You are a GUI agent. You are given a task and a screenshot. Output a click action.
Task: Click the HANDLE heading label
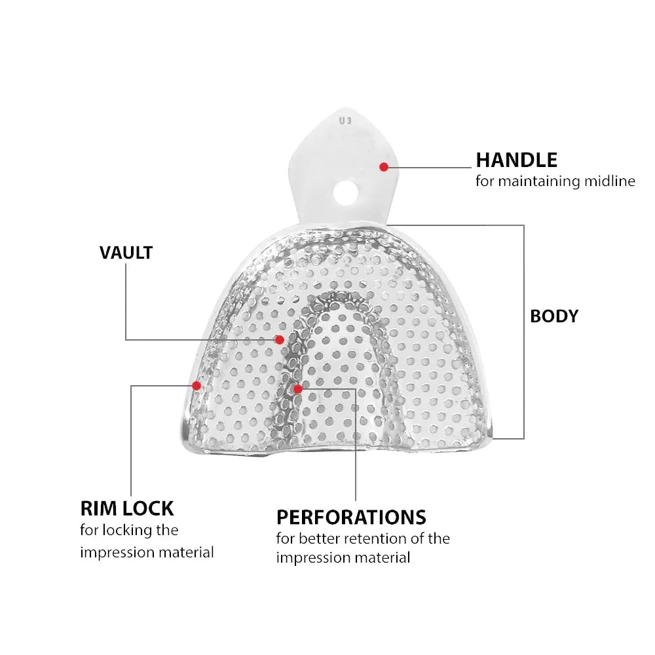coord(516,160)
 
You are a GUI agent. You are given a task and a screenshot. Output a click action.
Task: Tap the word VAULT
coord(126,253)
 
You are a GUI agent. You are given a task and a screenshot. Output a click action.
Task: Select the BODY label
coord(554,316)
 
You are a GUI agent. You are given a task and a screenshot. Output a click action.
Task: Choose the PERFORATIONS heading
coord(351,517)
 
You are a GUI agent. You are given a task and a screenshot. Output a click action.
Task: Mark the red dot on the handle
coord(384,167)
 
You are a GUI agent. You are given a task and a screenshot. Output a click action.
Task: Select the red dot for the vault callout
coord(280,339)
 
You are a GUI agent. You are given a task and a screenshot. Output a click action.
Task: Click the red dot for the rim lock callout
coord(196,386)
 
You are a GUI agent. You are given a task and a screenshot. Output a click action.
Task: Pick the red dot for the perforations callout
coord(298,389)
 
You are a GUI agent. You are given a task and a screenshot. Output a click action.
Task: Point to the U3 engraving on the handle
coord(345,121)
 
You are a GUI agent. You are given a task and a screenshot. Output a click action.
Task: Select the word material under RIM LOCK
coord(186,553)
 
